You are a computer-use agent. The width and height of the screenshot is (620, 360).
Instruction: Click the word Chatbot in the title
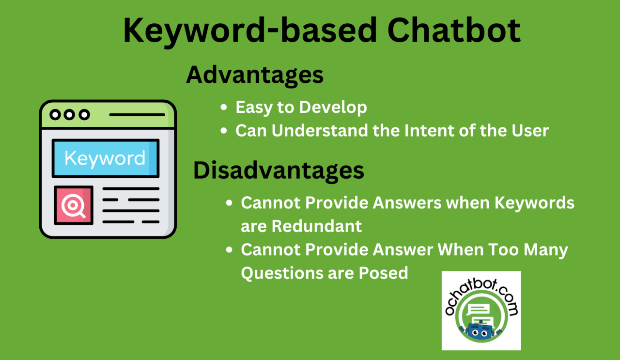(x=454, y=30)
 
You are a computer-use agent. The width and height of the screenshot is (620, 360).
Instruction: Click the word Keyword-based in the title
(x=250, y=30)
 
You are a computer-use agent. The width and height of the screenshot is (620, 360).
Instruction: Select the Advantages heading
(x=255, y=76)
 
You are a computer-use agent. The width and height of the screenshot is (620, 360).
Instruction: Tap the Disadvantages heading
(x=279, y=171)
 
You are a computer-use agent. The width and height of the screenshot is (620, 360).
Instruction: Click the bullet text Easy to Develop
(x=301, y=108)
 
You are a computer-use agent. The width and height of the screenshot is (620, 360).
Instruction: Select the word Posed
(x=383, y=273)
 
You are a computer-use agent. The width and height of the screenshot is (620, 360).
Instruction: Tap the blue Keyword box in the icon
(x=106, y=158)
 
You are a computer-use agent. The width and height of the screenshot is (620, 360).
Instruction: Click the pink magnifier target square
(x=74, y=205)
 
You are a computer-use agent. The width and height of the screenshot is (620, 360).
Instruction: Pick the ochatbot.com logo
(x=481, y=311)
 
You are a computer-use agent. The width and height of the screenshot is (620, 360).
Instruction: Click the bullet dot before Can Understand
(x=223, y=131)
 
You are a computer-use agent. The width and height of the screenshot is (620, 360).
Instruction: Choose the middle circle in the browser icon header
(x=70, y=115)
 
